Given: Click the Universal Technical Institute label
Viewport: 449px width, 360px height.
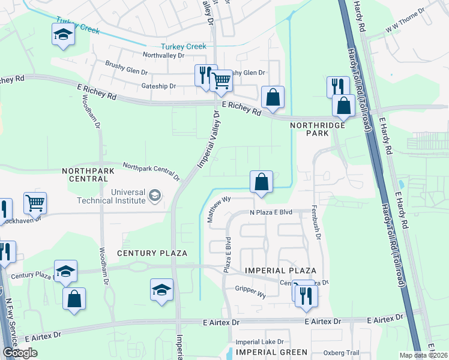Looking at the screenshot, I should click(x=110, y=196).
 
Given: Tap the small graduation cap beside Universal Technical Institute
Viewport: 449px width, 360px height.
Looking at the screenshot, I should click(x=155, y=195).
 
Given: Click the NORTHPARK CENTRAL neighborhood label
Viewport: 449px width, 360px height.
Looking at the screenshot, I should click(x=88, y=175).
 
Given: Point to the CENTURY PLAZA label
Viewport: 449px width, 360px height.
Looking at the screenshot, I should click(x=152, y=254).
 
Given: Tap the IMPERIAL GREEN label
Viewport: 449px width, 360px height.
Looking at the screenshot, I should click(x=272, y=352).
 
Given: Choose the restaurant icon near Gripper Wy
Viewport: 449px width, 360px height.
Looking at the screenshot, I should click(x=306, y=293).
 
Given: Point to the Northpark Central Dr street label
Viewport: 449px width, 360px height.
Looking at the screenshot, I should click(x=151, y=171).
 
